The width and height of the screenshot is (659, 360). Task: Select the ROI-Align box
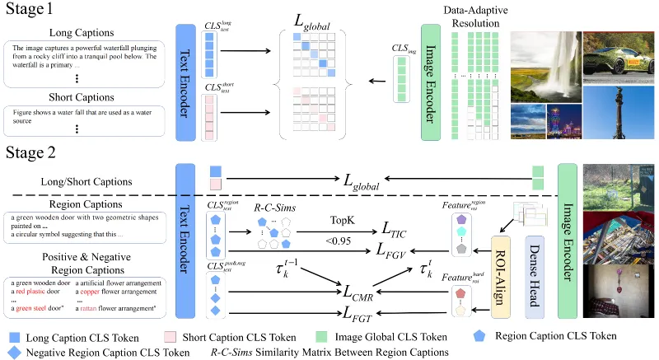coord(501,269)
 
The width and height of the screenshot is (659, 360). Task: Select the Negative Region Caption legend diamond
coord(12,352)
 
